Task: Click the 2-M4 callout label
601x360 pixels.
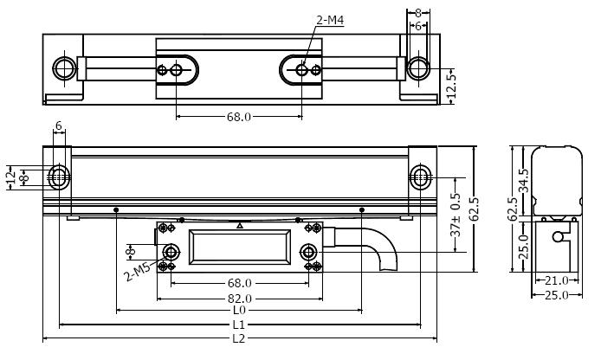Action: [330, 20]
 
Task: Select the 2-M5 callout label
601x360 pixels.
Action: [138, 270]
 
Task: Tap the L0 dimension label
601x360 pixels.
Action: [239, 310]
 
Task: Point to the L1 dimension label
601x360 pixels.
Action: [239, 325]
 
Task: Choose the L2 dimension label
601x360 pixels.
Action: [239, 338]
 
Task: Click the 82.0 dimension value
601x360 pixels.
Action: [240, 299]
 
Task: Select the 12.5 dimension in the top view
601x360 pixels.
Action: [451, 86]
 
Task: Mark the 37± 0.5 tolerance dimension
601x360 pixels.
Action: [456, 215]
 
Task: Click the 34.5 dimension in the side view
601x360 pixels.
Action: [524, 180]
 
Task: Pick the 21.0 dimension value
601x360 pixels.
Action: [557, 280]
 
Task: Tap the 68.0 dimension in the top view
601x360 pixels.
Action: [239, 117]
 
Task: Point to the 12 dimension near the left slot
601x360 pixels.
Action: [11, 177]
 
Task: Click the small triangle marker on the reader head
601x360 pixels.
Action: [240, 226]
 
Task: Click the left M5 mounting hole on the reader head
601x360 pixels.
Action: [171, 253]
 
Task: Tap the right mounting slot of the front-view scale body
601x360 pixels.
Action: [421, 177]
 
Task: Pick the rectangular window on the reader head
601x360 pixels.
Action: [240, 247]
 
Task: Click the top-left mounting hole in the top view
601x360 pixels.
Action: [64, 68]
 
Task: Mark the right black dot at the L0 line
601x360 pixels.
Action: [361, 210]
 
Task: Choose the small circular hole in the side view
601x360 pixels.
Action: [558, 237]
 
